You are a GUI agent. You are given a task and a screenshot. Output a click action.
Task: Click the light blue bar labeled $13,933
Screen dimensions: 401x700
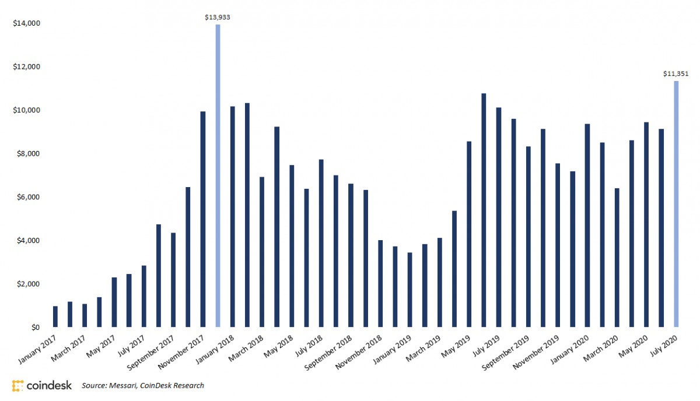[218, 175]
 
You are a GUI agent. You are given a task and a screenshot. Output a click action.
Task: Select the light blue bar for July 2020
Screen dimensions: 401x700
[677, 204]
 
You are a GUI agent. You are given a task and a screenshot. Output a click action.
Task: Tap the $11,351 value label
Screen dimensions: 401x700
[676, 74]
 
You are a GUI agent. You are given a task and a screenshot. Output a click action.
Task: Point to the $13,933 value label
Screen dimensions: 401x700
[218, 17]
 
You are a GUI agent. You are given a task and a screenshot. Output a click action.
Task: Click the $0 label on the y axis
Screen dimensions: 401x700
[35, 328]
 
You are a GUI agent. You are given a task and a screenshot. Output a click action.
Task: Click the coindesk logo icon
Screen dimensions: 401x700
[17, 385]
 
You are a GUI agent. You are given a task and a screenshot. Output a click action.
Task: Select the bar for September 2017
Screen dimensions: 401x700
[173, 280]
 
